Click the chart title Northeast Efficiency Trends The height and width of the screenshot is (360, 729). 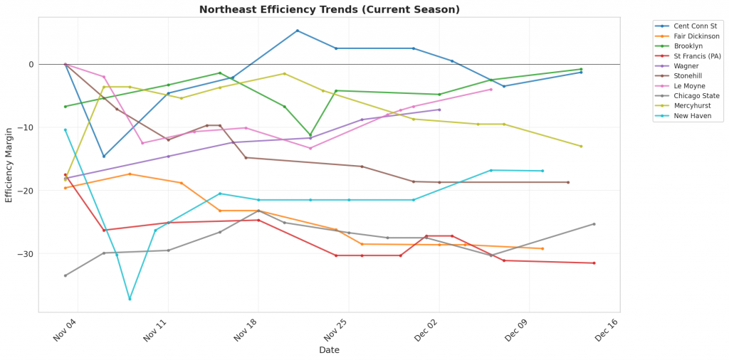(329, 9)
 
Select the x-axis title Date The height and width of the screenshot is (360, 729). (329, 350)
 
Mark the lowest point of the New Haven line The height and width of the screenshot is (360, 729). (130, 299)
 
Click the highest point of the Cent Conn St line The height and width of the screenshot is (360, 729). (297, 31)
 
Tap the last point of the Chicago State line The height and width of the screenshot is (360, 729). (594, 224)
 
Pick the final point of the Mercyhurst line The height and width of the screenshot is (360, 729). (581, 147)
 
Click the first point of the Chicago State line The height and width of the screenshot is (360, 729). (65, 275)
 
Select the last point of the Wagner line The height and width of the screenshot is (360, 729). (439, 110)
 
